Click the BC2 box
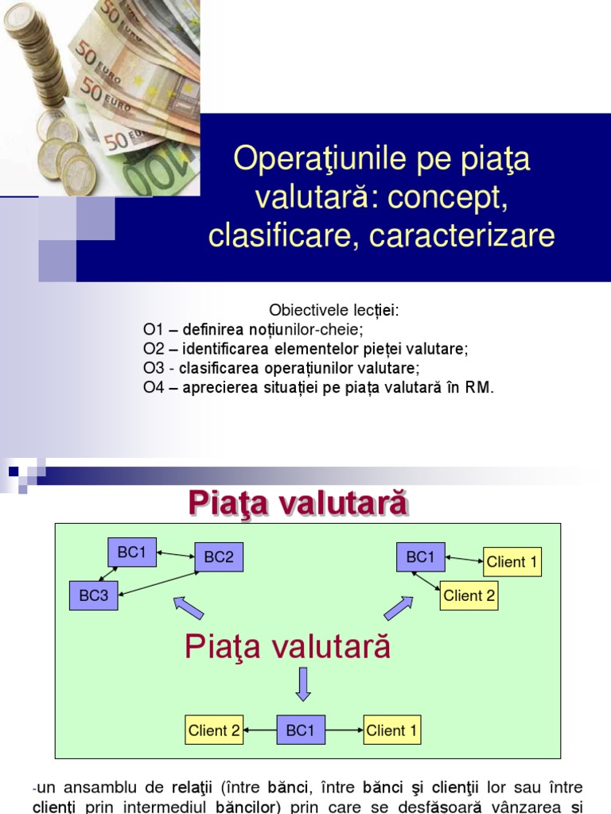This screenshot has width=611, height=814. click(x=219, y=557)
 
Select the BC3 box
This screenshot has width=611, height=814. click(x=94, y=595)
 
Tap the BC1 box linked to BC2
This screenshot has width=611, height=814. click(x=132, y=552)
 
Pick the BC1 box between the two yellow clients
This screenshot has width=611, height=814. click(x=300, y=730)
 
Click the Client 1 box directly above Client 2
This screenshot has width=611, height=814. click(x=512, y=562)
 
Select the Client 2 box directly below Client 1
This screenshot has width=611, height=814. click(x=469, y=595)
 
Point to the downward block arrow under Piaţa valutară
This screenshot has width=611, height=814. click(x=303, y=684)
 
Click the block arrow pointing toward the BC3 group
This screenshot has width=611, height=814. click(x=188, y=608)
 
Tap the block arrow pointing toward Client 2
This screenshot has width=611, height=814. click(x=399, y=608)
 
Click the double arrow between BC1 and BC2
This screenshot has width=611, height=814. click(x=176, y=554)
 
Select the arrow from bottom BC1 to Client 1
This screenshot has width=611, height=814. click(x=344, y=730)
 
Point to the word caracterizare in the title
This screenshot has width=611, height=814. click(x=462, y=235)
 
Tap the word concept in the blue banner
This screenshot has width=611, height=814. click(x=447, y=198)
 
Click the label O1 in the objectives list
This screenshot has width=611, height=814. click(x=154, y=330)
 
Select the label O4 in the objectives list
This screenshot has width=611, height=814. click(x=154, y=388)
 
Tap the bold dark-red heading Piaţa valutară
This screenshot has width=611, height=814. click(x=298, y=502)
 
